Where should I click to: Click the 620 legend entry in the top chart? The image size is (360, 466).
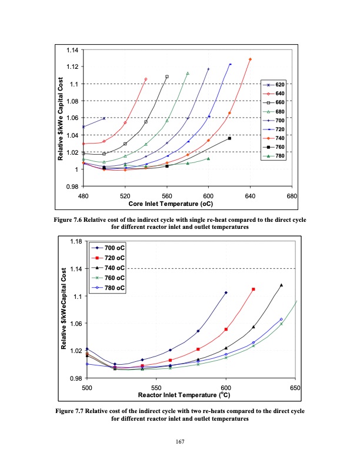275,85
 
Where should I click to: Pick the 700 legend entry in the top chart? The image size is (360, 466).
275,120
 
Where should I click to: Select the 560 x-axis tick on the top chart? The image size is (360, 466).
166,195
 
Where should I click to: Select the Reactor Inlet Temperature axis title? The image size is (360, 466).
191,395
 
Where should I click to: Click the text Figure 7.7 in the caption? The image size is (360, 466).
71,411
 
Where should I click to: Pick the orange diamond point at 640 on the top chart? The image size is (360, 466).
251,59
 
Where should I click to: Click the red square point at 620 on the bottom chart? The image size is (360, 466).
254,289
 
